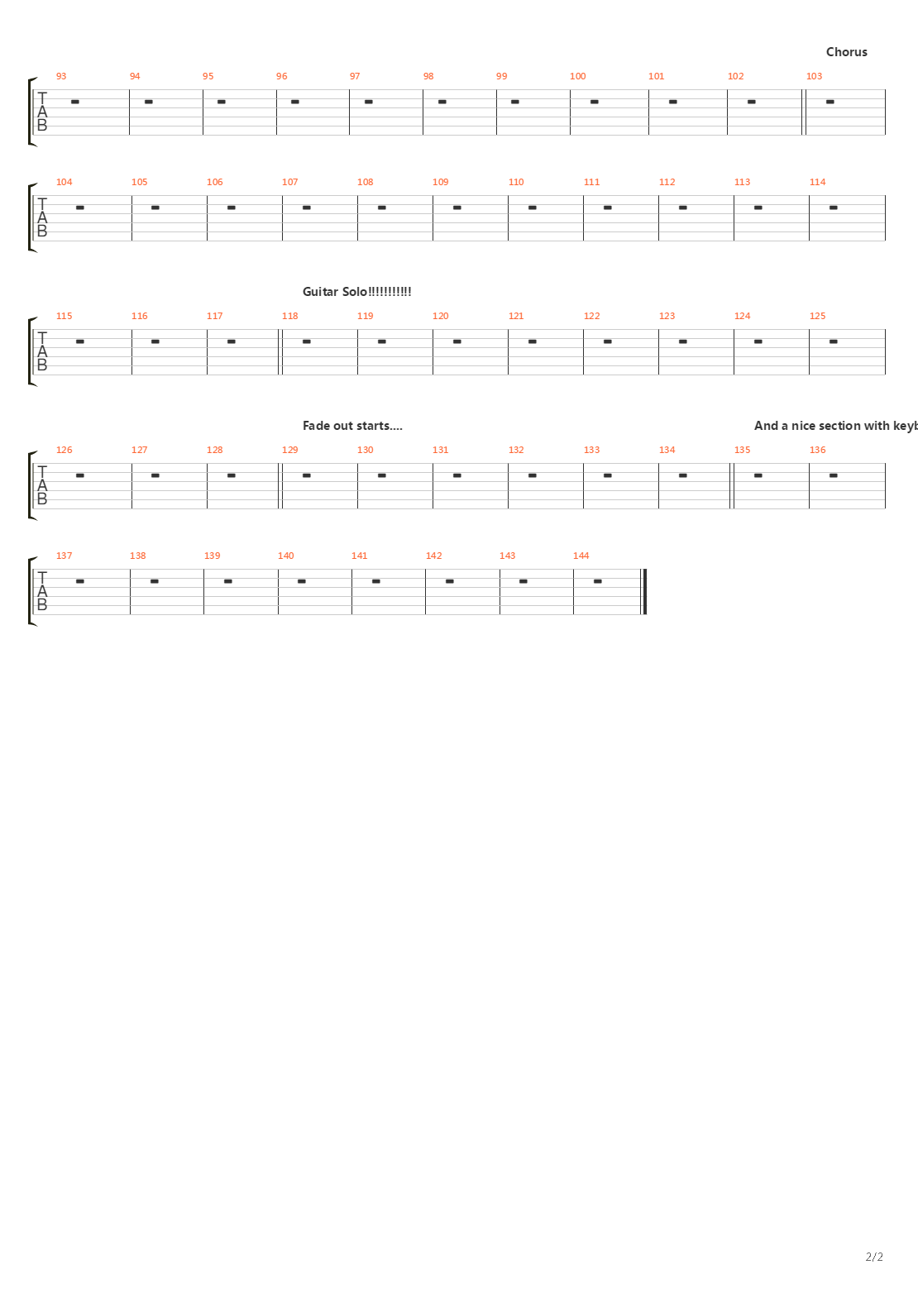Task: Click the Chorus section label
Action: tap(846, 52)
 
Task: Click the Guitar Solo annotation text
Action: tap(356, 292)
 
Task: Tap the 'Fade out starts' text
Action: tap(351, 426)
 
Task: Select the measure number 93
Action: tap(61, 76)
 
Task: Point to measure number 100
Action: tap(577, 76)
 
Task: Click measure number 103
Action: tap(814, 76)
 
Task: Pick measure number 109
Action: tap(440, 182)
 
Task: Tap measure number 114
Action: tap(817, 182)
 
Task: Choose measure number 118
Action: tap(289, 316)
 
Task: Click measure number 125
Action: tap(817, 316)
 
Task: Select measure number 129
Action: tap(289, 450)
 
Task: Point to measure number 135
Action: tap(742, 450)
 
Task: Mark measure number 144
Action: tap(581, 556)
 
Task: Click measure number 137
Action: tap(64, 556)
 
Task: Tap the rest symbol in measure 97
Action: tap(368, 102)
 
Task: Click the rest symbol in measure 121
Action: tap(532, 341)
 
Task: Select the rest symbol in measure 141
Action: tap(375, 581)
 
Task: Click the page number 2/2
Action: tap(874, 1257)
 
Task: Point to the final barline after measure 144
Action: tap(644, 592)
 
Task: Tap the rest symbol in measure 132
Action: tap(532, 475)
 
